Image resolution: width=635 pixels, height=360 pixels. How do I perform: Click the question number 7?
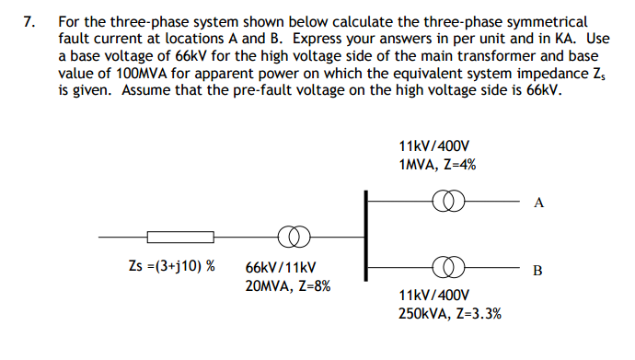[29, 19]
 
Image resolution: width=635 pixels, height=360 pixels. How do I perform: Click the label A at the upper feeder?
[538, 203]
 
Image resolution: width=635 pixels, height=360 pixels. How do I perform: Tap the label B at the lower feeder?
[538, 271]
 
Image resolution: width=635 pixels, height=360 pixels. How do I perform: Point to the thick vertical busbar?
[366, 234]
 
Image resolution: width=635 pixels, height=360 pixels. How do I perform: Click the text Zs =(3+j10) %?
[172, 266]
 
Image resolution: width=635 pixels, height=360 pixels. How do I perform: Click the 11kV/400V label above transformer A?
[434, 146]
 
